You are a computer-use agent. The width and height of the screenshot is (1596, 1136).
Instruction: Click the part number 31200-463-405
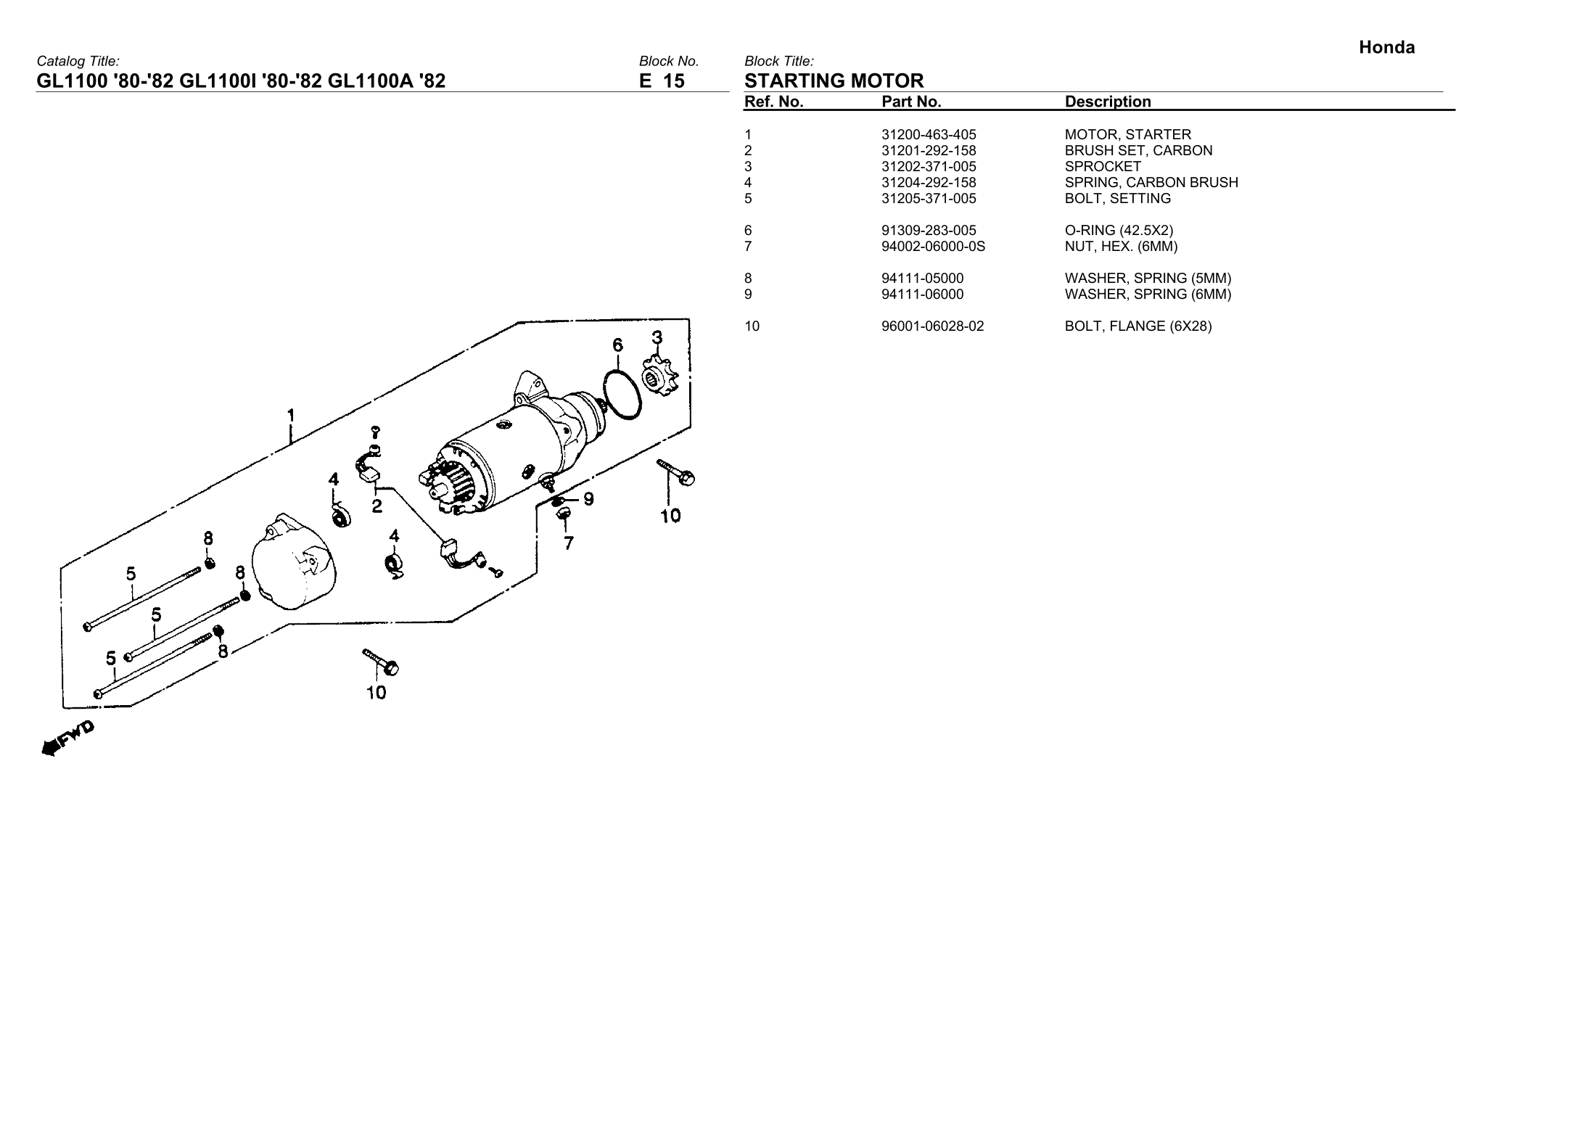pos(929,135)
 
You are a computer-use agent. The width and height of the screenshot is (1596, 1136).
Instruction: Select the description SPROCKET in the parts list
pos(1102,167)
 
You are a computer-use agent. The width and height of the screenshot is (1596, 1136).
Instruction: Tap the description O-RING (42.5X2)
pos(1119,231)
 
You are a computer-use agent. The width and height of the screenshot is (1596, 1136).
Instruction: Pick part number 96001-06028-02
pos(932,326)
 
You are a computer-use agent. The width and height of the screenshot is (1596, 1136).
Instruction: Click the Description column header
pos(1107,102)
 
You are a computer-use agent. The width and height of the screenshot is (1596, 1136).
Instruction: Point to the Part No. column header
pos(910,102)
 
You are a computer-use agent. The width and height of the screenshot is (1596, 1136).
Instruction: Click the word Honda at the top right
pos(1386,48)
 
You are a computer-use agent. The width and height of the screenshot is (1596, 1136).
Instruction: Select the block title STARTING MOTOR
pos(834,81)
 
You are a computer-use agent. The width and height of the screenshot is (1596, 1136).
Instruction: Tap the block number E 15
pos(661,81)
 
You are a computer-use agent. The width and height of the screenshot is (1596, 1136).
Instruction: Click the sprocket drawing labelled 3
pos(659,376)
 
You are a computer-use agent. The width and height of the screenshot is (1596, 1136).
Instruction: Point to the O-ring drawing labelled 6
pos(621,394)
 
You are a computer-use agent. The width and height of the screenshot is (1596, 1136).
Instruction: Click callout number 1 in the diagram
pos(291,416)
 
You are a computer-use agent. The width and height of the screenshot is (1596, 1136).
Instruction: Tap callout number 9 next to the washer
pos(588,499)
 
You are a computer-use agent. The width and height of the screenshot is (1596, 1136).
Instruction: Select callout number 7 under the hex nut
pos(569,543)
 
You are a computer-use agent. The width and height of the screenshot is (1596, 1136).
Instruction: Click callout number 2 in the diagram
pos(377,506)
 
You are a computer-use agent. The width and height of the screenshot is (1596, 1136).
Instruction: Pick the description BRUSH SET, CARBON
pos(1138,151)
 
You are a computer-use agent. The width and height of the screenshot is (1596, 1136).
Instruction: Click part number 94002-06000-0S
pos(933,247)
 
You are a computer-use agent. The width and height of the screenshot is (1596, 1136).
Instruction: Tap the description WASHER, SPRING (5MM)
pos(1148,279)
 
